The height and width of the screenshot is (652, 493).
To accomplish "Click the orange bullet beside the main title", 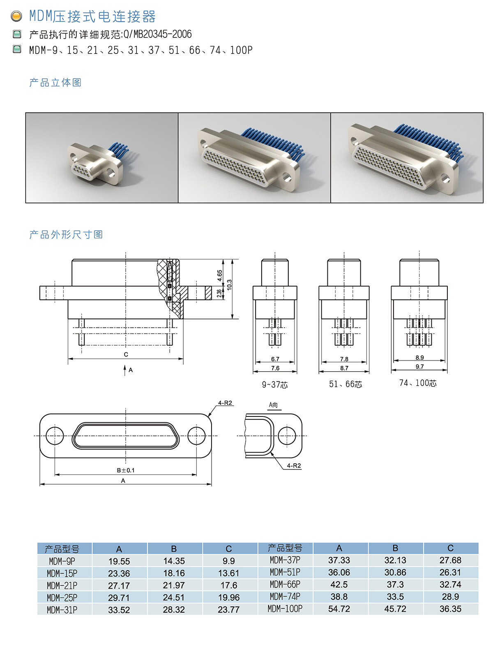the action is pos(16,16).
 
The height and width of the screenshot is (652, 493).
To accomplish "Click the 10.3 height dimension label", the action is pos(229,284).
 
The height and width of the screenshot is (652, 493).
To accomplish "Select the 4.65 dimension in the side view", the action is pos(219,275).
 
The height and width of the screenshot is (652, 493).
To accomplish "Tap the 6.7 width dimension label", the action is pos(275,359).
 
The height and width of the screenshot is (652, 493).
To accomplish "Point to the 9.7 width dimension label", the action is pos(419,366).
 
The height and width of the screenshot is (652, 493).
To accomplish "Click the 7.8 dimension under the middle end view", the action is pos(344,359).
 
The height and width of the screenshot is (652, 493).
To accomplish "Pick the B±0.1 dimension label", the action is pos(126,470).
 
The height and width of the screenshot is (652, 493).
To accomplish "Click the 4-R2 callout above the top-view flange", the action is pos(225,403).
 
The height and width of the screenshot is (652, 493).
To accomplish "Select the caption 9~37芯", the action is pos(275,385).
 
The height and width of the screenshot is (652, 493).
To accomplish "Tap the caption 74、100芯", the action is pos(417,383).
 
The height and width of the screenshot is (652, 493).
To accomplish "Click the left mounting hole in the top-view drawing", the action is pos(55,436).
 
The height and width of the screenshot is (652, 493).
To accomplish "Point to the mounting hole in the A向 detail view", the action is pos(287,436).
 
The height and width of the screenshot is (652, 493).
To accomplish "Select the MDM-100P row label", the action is pos(285,609).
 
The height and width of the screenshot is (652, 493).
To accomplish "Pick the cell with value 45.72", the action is pos(395,609).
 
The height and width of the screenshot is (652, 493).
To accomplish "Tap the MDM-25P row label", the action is pos(62,597).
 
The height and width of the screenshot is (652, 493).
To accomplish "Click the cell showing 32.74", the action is pos(450,585).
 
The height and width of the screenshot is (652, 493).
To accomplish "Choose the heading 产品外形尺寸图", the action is pos(66,235).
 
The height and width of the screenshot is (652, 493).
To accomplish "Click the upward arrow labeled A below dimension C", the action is pos(124,370).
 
